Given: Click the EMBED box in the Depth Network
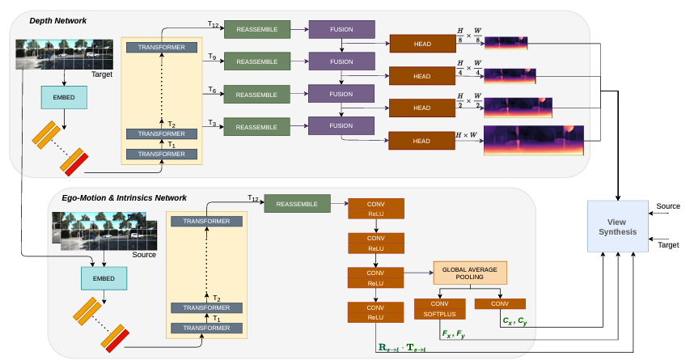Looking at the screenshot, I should click(x=65, y=97).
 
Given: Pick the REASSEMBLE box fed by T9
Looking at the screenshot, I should click(x=256, y=61).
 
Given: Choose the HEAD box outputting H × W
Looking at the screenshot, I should click(x=421, y=141).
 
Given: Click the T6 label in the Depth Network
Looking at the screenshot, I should click(x=212, y=91).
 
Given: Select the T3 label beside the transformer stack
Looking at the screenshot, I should click(x=212, y=122).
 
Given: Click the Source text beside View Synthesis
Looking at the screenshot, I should click(x=668, y=207).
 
